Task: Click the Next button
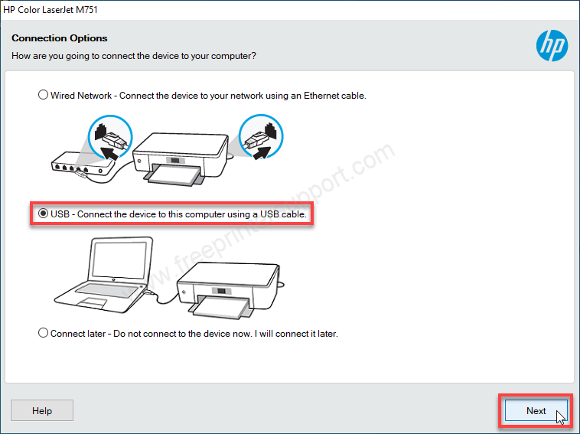click(x=536, y=410)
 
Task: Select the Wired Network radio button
click(x=44, y=95)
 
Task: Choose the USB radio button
click(x=44, y=214)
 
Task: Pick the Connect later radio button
click(x=44, y=333)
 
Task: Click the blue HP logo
click(x=552, y=45)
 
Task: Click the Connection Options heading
click(x=60, y=38)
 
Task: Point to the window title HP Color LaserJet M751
click(x=51, y=10)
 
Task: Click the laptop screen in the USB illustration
click(x=119, y=259)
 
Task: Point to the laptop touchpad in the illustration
click(x=93, y=302)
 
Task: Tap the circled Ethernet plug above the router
click(x=110, y=137)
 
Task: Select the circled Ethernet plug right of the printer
click(x=261, y=136)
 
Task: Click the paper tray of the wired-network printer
click(x=174, y=175)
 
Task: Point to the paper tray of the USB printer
click(x=221, y=307)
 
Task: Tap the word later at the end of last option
click(x=327, y=334)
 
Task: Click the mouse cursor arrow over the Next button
click(x=561, y=416)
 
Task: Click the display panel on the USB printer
click(x=221, y=291)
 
